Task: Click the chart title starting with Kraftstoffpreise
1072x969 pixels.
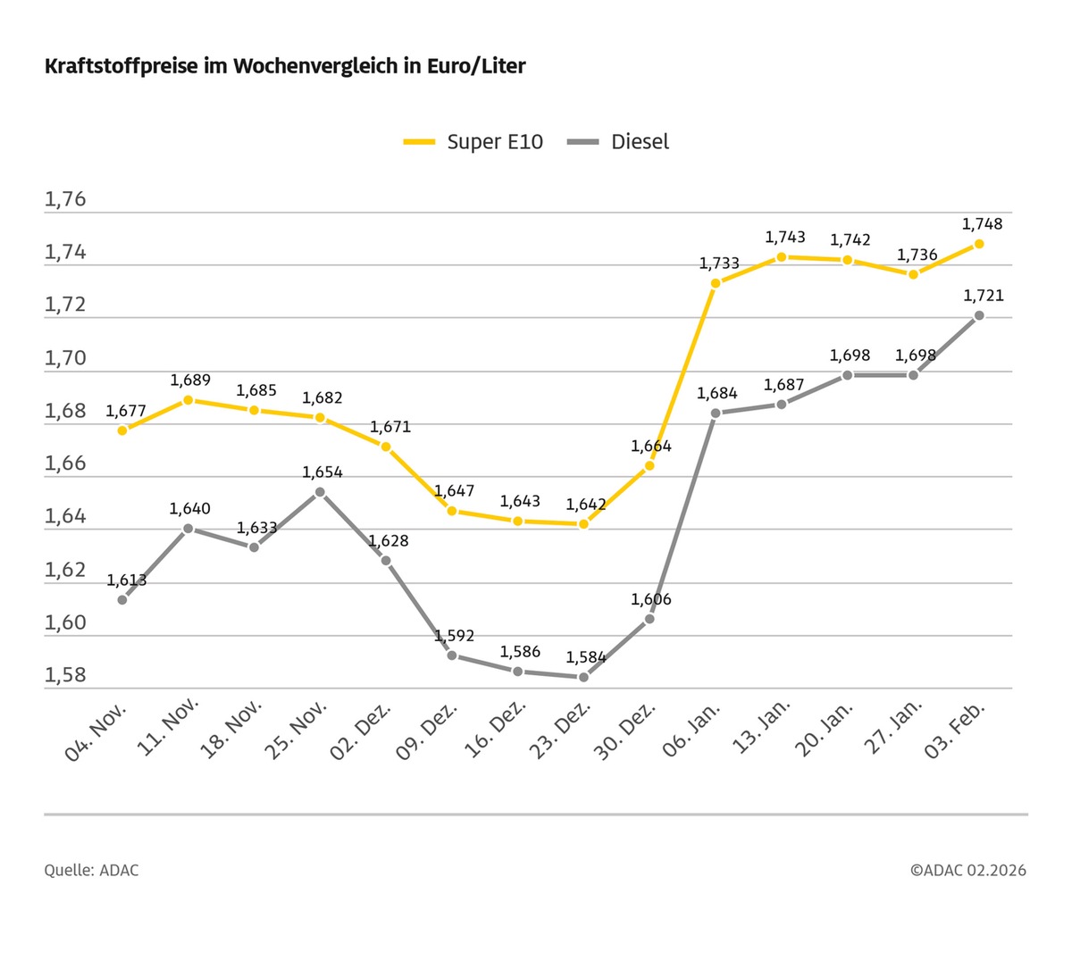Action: click(x=285, y=66)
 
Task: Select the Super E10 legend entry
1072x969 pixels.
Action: click(x=473, y=142)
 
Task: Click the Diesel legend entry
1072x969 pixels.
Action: click(x=619, y=142)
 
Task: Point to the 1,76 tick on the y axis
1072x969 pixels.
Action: click(x=65, y=199)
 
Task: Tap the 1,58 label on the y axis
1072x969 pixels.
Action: click(x=65, y=675)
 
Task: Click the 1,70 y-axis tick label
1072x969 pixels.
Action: click(x=65, y=358)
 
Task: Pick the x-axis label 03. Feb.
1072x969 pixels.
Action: click(x=955, y=730)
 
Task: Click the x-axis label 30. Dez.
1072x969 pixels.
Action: click(x=626, y=730)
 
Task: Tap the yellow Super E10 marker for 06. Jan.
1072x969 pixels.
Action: click(x=716, y=283)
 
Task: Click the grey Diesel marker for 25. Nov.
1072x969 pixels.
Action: click(x=320, y=491)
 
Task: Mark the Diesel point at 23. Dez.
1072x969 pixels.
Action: click(x=583, y=677)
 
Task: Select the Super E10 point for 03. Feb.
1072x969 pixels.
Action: click(x=979, y=244)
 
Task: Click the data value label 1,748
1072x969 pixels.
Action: click(x=982, y=224)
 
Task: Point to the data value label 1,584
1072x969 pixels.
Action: click(x=586, y=657)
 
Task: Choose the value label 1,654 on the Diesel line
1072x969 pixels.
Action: click(x=322, y=472)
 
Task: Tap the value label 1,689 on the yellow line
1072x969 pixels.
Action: click(x=190, y=381)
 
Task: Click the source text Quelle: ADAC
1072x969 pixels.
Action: click(x=91, y=870)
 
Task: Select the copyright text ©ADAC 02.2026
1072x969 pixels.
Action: click(x=968, y=870)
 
